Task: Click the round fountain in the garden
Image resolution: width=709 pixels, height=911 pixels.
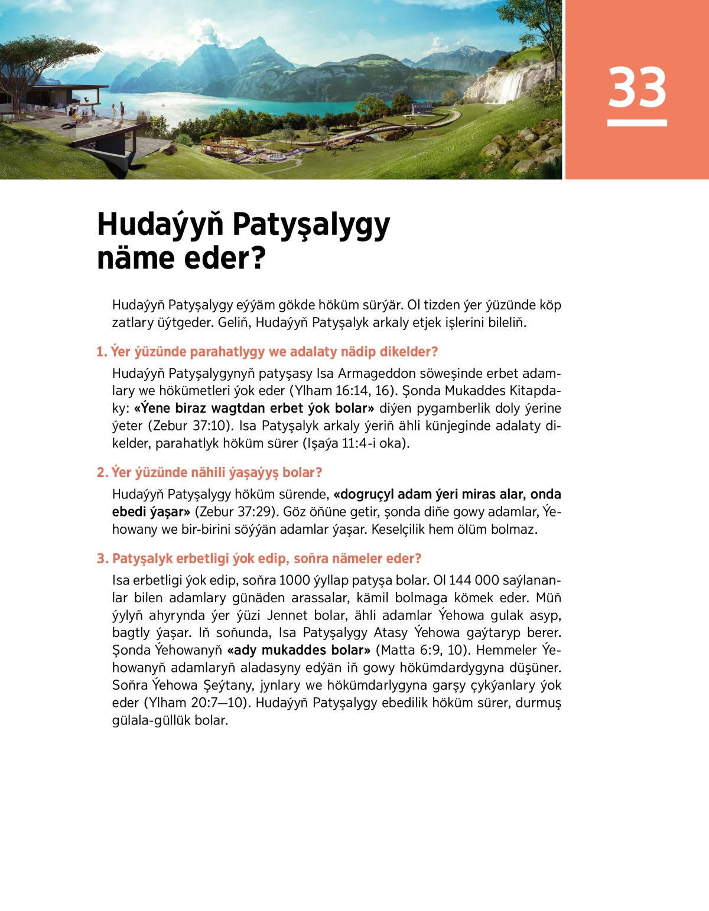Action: [276, 157]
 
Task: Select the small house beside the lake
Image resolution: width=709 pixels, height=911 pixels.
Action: [421, 108]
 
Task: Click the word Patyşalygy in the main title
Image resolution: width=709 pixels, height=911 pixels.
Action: [311, 225]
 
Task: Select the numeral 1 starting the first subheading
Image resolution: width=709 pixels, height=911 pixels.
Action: [100, 352]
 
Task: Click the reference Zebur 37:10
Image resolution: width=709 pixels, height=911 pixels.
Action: [193, 426]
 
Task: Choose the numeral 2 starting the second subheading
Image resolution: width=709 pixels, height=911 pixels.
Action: [101, 473]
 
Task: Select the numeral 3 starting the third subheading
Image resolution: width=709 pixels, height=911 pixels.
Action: [101, 559]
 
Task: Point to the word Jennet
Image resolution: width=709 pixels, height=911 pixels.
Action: [288, 615]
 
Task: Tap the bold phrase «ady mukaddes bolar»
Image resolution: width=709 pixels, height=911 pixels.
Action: [299, 650]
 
